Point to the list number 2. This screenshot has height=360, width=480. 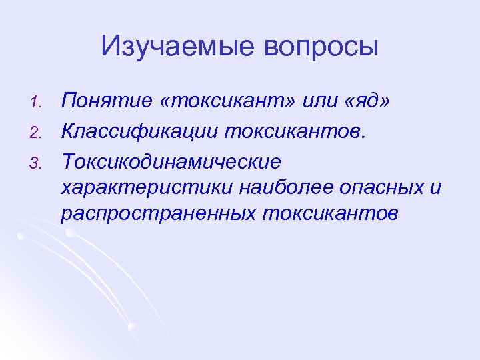38,133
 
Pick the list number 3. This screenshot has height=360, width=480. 38,162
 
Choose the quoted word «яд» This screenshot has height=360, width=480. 365,102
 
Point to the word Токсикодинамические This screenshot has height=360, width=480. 171,161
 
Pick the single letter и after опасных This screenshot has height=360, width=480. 435,189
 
